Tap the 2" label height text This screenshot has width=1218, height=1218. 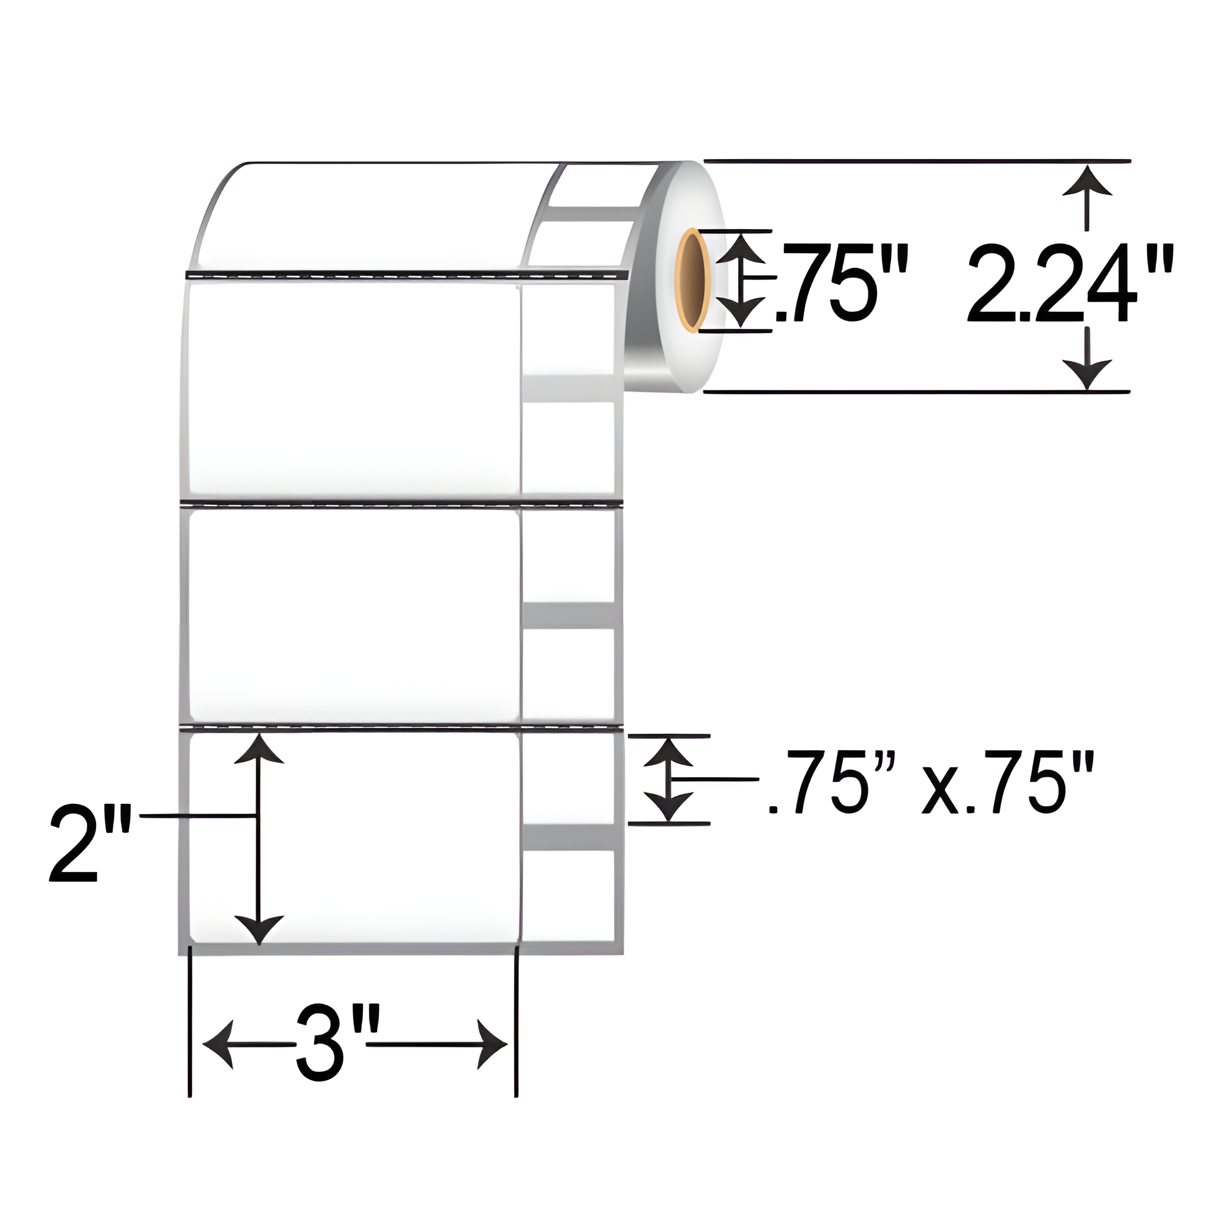click(90, 843)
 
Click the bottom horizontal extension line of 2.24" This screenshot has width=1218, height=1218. click(914, 392)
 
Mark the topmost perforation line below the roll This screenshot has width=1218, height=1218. click(404, 275)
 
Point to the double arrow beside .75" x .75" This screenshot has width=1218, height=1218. click(668, 781)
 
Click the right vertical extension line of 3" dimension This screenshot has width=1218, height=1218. click(516, 1021)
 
